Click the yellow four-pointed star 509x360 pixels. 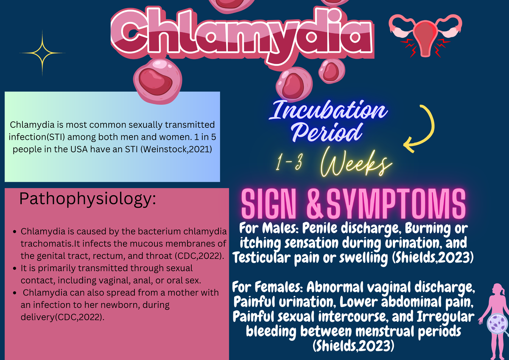pos(42,53)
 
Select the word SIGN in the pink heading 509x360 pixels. pos(271,204)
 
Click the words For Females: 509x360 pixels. pos(268,288)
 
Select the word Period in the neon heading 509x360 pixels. pos(329,132)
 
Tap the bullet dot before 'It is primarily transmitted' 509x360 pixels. pos(15,269)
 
